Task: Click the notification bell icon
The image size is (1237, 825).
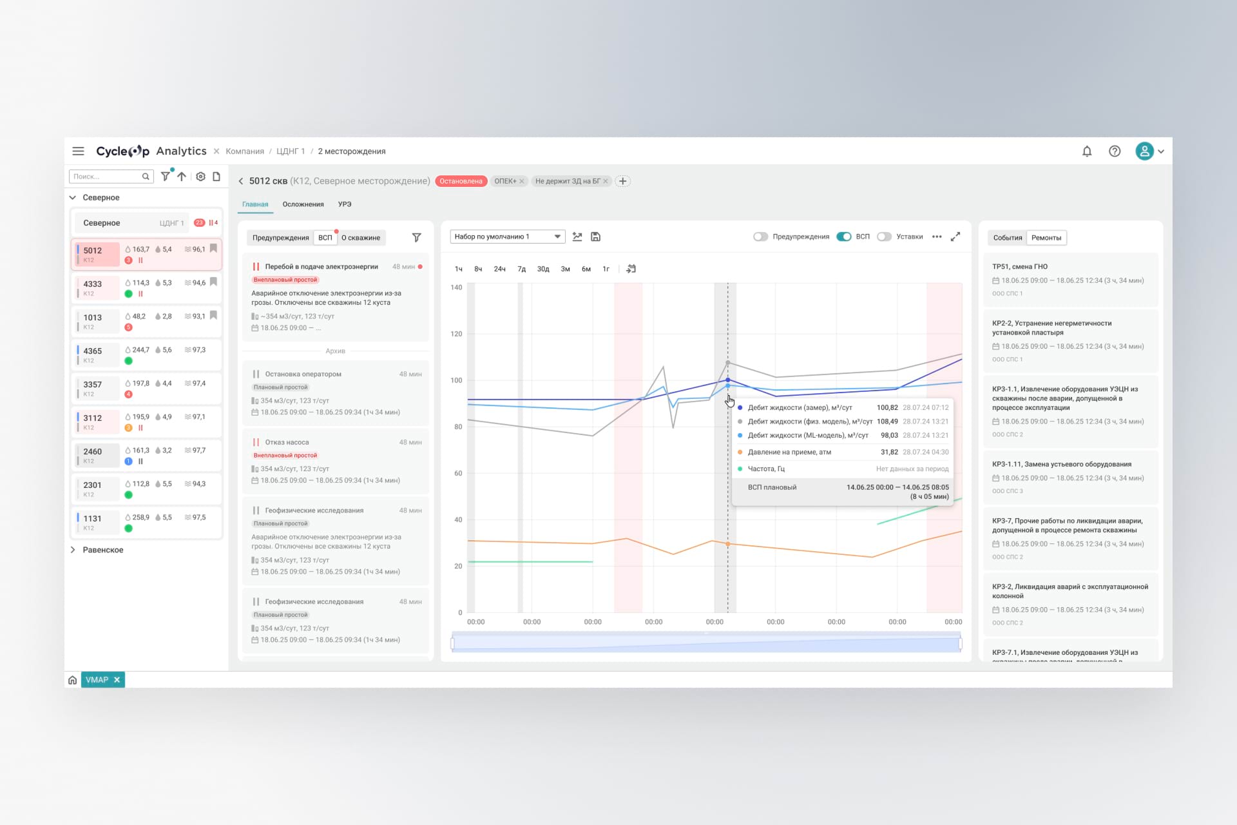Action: click(x=1087, y=151)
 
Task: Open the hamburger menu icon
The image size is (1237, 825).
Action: click(x=78, y=151)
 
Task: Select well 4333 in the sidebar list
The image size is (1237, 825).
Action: click(x=93, y=284)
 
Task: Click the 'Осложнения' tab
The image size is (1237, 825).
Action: click(x=303, y=204)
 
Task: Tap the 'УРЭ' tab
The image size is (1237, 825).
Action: click(x=345, y=204)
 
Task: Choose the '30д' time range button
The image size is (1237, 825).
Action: click(x=543, y=269)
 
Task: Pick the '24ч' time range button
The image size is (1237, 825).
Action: click(x=499, y=269)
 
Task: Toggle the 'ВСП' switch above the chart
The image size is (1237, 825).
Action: click(x=843, y=237)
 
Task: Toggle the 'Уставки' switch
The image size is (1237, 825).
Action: click(x=885, y=237)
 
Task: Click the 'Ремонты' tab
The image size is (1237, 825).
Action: click(x=1046, y=238)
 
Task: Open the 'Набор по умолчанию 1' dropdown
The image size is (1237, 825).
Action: click(x=507, y=237)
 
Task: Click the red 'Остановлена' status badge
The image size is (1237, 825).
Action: click(x=461, y=181)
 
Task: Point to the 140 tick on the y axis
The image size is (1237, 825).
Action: click(x=456, y=287)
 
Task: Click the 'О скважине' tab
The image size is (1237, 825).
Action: click(x=361, y=238)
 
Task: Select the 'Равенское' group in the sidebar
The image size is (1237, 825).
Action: click(x=103, y=550)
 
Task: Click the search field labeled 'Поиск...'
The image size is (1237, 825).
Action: click(x=106, y=177)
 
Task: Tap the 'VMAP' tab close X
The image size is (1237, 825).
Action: click(x=117, y=680)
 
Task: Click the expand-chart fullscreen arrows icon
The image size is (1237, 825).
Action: click(x=955, y=237)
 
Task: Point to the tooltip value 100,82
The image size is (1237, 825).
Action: click(x=887, y=408)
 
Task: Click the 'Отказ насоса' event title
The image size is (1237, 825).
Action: click(x=287, y=442)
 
